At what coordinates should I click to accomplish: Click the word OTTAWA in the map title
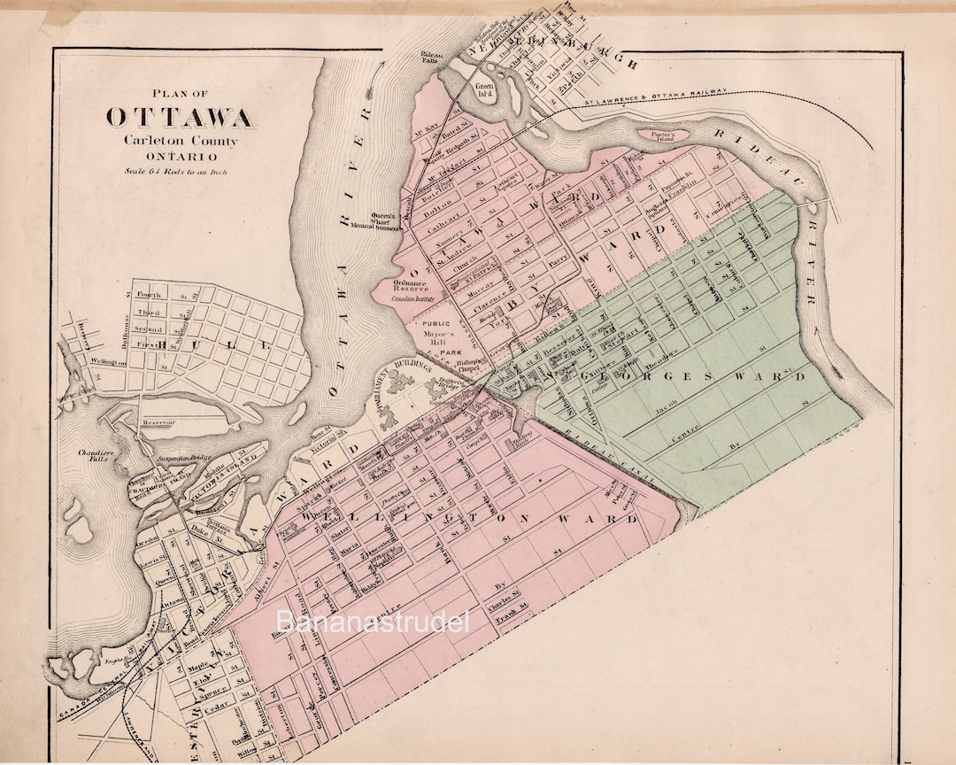pyautogui.click(x=179, y=117)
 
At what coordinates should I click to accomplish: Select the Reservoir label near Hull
pyautogui.click(x=159, y=423)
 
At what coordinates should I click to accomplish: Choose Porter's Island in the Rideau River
pyautogui.click(x=663, y=136)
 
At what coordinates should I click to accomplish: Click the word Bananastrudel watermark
pyautogui.click(x=373, y=621)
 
